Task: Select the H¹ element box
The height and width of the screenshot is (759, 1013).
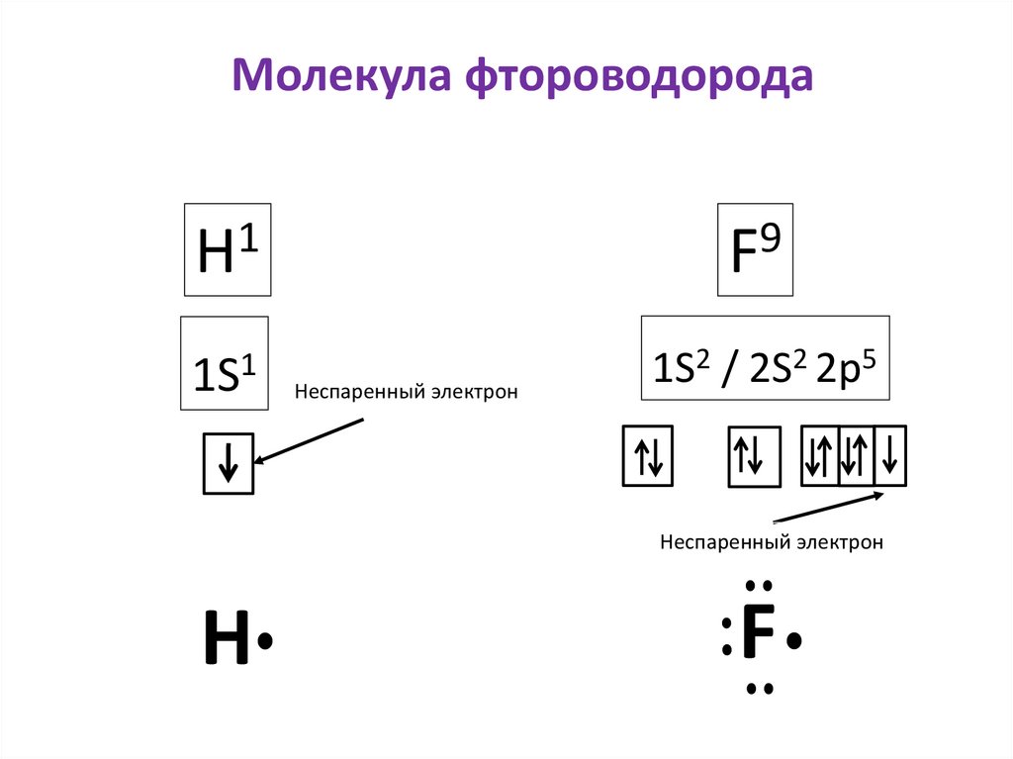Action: (227, 249)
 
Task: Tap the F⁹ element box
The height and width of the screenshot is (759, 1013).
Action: (755, 249)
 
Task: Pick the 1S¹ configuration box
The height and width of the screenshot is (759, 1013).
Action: (224, 364)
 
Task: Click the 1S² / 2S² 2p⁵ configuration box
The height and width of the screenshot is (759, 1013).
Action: (765, 358)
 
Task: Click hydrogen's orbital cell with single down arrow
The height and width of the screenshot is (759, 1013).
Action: (228, 463)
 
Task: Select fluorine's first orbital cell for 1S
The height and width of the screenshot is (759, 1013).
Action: (647, 456)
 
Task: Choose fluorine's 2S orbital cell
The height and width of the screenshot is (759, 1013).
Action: (754, 456)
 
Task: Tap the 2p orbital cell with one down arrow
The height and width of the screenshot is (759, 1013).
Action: (890, 455)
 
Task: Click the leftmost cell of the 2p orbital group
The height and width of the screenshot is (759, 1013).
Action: (819, 455)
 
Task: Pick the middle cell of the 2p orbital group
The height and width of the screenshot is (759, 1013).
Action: (856, 455)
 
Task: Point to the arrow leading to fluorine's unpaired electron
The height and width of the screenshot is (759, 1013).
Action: (829, 508)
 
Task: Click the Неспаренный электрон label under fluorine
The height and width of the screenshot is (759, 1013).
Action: (771, 542)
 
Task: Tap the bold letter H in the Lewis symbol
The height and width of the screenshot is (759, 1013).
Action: (227, 638)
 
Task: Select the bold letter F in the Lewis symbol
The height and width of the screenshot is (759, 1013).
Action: (758, 632)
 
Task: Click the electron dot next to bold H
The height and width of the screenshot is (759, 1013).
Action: (264, 642)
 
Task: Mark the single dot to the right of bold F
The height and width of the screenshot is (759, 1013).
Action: (794, 642)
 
